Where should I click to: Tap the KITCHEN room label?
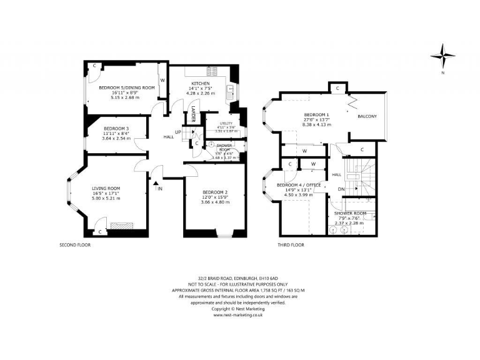click(200, 83)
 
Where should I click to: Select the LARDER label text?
click(193, 117)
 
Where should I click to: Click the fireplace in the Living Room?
click(119, 226)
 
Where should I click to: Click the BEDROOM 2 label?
click(214, 192)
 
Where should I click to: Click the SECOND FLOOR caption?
click(75, 245)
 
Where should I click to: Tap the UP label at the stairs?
click(177, 132)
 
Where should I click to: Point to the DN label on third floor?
click(341, 189)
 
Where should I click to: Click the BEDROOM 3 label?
click(115, 128)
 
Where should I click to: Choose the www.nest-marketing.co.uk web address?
click(237, 315)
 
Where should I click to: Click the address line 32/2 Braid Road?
click(237, 279)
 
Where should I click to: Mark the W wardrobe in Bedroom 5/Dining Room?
click(162, 80)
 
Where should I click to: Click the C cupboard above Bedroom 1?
click(337, 88)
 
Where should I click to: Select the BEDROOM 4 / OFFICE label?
click(298, 185)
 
